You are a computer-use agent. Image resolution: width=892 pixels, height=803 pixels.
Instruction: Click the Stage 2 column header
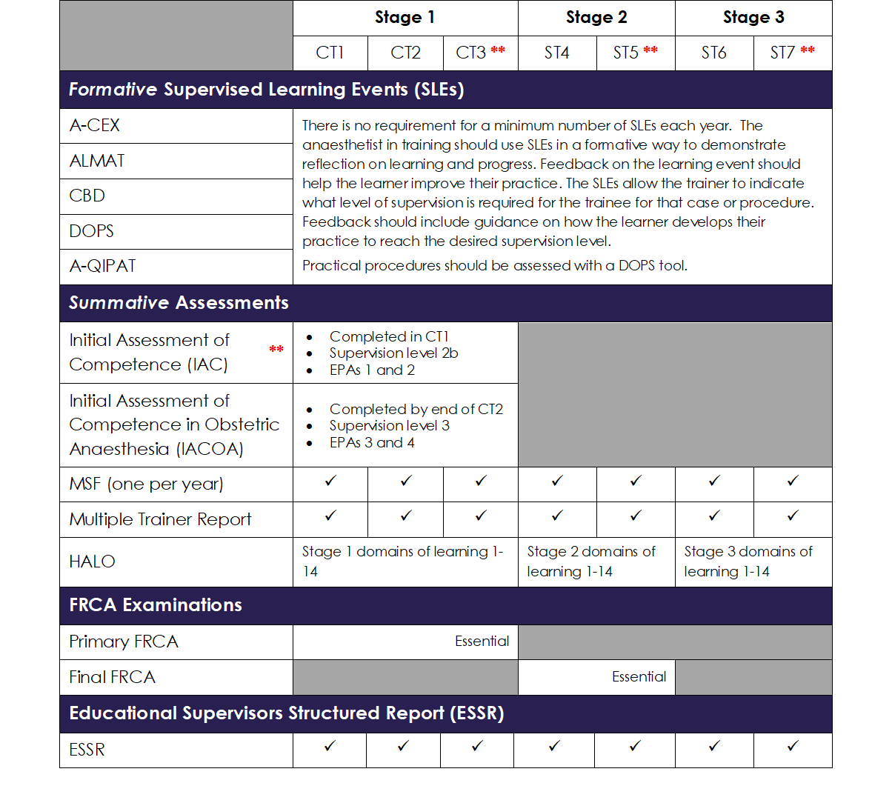[x=596, y=18]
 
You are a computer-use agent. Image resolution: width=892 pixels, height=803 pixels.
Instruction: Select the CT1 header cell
[x=330, y=53]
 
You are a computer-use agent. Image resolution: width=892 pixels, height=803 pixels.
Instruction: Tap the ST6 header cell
[x=713, y=53]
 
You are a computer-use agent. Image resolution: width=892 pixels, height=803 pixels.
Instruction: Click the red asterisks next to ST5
[x=650, y=50]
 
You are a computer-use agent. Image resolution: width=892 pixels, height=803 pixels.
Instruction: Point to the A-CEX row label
[x=95, y=126]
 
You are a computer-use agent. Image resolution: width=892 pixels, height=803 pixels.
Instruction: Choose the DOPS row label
[x=92, y=231]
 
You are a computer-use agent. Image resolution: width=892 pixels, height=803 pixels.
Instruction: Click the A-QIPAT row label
[x=103, y=267]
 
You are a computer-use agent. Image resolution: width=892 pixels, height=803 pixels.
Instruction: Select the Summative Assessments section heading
[x=179, y=303]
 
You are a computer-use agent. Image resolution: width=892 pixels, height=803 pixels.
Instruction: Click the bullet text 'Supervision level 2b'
[x=393, y=353]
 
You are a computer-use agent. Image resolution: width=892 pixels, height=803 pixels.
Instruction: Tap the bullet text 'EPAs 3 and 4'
[x=372, y=443]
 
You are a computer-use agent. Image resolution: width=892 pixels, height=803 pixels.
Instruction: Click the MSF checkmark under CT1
[x=330, y=482]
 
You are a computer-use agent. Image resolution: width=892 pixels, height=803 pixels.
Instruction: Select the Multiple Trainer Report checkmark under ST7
[x=793, y=516]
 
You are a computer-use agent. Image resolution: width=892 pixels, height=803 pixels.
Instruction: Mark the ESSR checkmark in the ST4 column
[x=554, y=747]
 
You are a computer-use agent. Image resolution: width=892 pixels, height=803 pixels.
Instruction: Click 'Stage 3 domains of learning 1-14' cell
[x=748, y=562]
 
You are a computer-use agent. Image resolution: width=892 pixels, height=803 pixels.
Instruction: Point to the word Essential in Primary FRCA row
[x=482, y=642]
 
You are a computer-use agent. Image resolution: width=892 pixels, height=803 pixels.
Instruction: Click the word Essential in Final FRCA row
[x=639, y=677]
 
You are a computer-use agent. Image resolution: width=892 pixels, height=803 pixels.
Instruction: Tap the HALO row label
[x=93, y=562]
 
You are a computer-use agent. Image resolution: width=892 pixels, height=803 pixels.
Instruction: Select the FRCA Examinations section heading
[x=156, y=605]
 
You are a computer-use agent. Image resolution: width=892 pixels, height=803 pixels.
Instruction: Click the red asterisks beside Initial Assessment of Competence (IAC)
[x=276, y=350]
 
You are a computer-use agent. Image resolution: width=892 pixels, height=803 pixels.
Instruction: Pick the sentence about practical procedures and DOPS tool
[x=494, y=266]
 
